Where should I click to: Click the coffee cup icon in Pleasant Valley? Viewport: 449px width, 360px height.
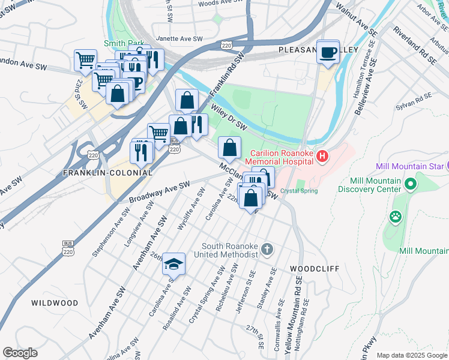tap(328, 52)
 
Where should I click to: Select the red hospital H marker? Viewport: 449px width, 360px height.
tap(322, 157)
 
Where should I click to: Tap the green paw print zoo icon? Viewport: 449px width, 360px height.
tap(396, 216)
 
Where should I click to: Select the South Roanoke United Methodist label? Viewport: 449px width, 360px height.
tap(231, 250)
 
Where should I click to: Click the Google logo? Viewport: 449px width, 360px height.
tap(20, 352)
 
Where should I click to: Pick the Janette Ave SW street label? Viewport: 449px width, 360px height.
tap(179, 38)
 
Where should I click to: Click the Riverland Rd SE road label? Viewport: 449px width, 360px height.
tap(414, 45)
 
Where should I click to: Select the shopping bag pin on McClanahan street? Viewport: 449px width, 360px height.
tap(229, 147)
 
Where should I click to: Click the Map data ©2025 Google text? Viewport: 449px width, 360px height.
tap(411, 355)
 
